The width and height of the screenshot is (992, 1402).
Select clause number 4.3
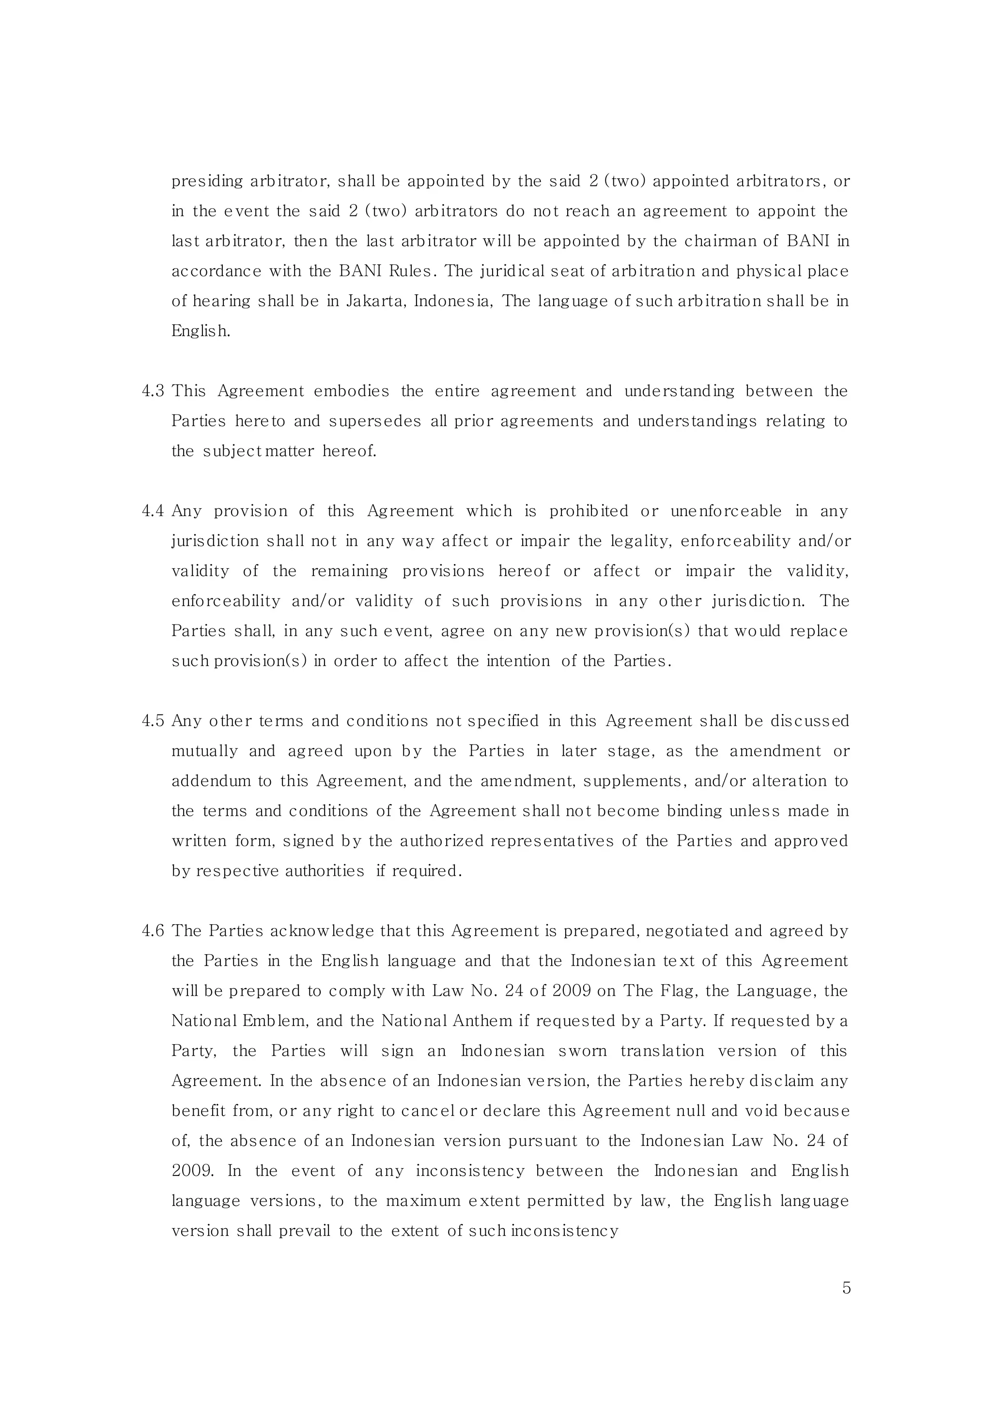153,392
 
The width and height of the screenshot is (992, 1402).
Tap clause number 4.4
153,511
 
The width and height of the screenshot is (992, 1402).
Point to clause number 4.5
153,721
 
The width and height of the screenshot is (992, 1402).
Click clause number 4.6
153,931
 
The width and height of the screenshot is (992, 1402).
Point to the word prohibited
589,511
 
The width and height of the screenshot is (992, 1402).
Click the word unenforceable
726,511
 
